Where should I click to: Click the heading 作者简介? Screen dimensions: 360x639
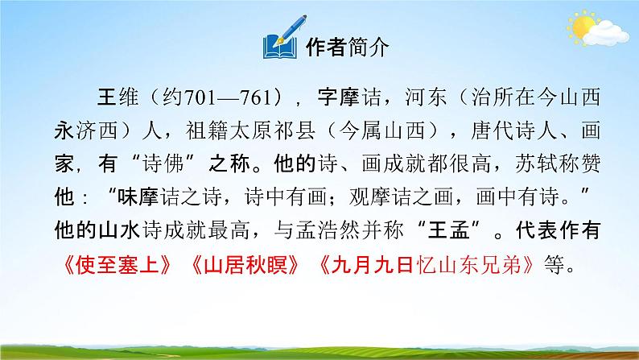pyautogui.click(x=348, y=48)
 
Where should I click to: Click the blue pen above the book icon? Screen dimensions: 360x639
pyautogui.click(x=284, y=36)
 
